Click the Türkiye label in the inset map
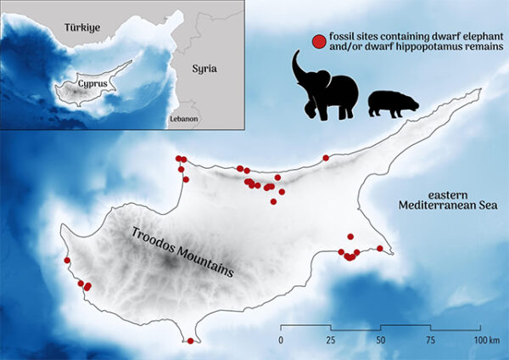(83, 28)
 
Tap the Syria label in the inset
(204, 68)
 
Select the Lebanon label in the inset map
(184, 119)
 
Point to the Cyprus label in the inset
(92, 85)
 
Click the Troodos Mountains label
(182, 250)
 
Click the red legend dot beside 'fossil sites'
(318, 40)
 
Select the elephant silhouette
(327, 89)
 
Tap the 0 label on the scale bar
(281, 340)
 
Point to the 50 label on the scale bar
(381, 340)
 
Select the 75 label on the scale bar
(431, 340)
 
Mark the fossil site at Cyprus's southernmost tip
(190, 341)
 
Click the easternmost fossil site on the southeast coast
(380, 248)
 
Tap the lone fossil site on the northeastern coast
(326, 158)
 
